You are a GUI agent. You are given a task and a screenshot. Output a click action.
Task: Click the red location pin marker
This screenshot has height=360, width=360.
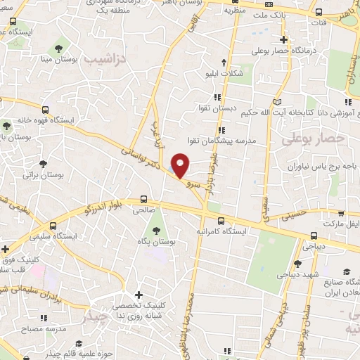[x=181, y=165]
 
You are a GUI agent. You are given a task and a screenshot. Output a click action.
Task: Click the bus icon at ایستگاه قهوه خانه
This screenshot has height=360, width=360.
[x=46, y=110]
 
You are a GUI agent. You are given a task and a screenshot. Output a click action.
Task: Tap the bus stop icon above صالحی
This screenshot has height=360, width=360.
[x=144, y=199]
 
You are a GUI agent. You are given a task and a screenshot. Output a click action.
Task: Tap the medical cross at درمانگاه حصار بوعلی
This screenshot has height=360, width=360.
[x=283, y=39]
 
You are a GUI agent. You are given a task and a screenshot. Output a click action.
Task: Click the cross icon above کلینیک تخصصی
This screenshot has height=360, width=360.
[x=138, y=295]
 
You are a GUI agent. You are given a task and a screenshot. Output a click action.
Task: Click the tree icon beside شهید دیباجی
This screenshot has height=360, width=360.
[x=297, y=264]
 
